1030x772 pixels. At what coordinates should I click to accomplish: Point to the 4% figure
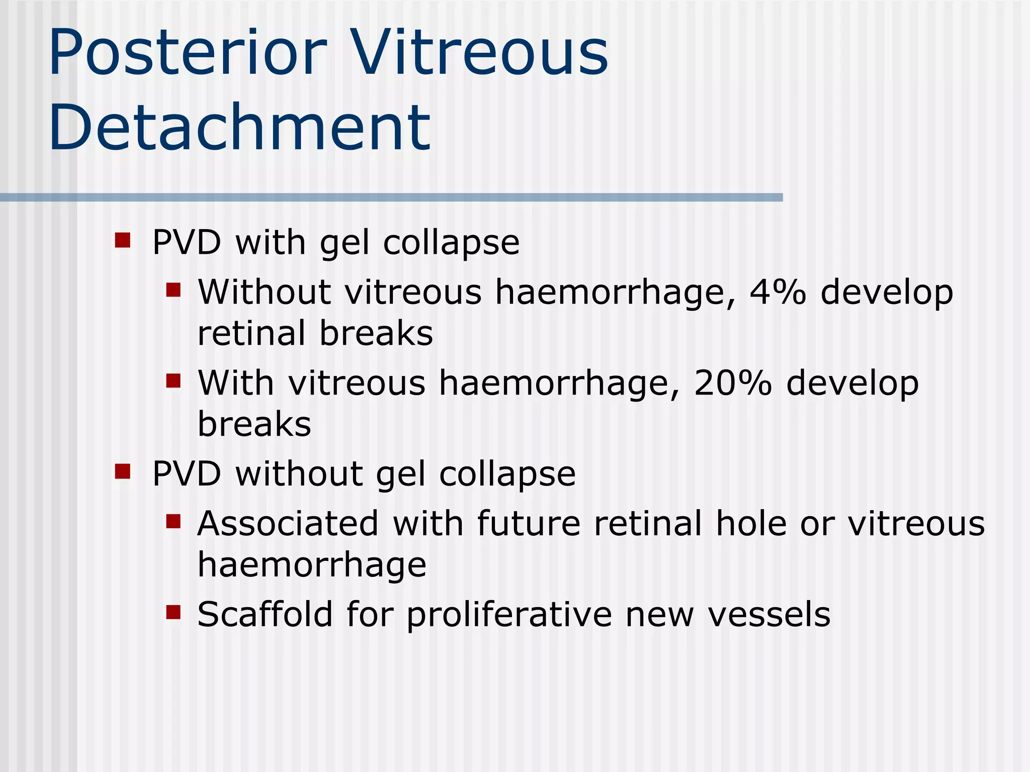778,292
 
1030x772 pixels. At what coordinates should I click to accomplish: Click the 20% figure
732,383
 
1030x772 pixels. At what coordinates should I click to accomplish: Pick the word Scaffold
265,614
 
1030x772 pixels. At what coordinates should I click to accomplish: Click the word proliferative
508,615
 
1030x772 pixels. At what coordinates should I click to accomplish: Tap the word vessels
769,615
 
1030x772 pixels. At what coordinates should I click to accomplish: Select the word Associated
288,524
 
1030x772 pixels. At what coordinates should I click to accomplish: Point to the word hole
750,524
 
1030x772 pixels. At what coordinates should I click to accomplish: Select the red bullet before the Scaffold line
173,612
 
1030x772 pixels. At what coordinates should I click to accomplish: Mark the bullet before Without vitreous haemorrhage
173,290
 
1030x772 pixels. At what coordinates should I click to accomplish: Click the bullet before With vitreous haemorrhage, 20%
173,380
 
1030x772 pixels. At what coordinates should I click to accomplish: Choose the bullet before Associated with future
173,521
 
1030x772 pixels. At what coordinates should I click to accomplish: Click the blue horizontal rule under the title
391,198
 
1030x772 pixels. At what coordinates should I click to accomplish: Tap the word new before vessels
659,615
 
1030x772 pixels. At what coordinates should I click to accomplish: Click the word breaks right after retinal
376,333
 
